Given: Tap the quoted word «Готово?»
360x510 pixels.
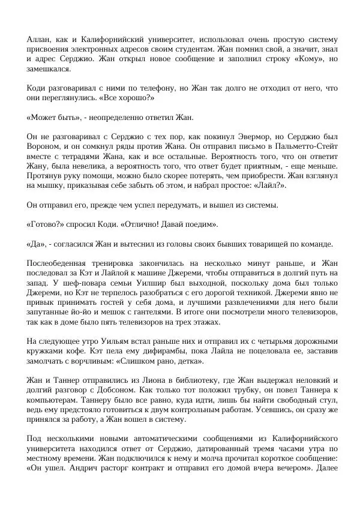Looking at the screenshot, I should pyautogui.click(x=47, y=224).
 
